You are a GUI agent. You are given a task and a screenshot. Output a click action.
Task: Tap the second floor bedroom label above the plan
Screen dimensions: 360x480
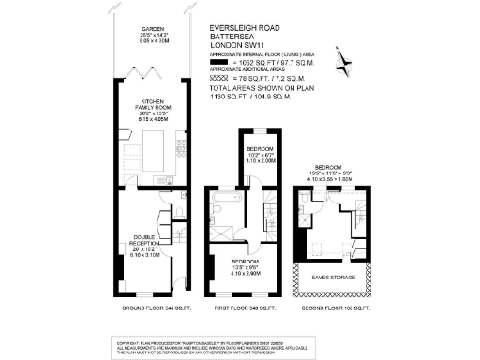(x=333, y=173)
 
